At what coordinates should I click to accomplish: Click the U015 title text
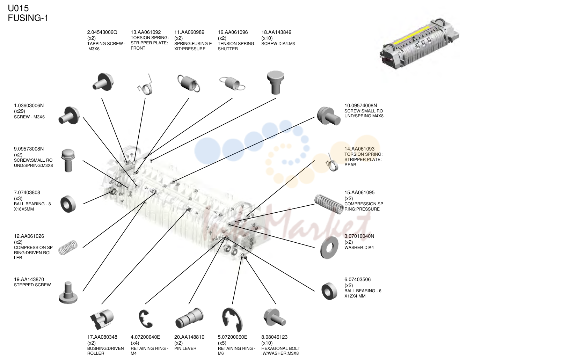coord(18,8)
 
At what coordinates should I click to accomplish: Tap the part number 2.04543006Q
coord(102,32)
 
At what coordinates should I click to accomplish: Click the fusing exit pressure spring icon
coord(189,83)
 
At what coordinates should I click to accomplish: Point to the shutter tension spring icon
coord(232,83)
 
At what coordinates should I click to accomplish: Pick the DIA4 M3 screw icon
coord(275,82)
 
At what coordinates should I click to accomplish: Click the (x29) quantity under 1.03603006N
coord(20,111)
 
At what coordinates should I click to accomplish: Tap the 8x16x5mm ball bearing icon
coord(68,204)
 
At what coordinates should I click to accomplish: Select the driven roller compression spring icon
coord(68,248)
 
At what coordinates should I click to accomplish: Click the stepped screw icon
coord(68,293)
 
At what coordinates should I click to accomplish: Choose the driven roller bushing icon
coord(102,319)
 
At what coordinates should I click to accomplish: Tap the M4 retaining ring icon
coord(146,319)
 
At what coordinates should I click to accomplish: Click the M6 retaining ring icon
coord(232,319)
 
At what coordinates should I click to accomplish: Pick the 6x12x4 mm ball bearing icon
coord(329,291)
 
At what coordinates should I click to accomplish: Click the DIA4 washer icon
coord(329,248)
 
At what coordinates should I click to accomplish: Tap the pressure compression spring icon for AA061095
coord(329,204)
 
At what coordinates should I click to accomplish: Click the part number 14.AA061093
coord(359,149)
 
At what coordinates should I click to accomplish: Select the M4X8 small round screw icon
coord(329,116)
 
